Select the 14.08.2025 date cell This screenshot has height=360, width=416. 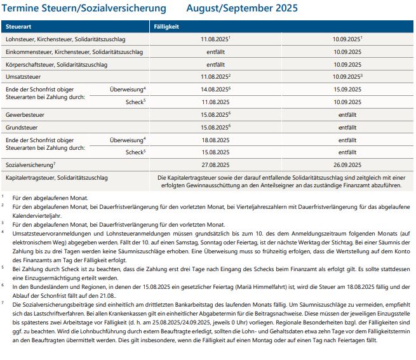[x=213, y=89]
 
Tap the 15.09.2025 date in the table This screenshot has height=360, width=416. [x=346, y=89]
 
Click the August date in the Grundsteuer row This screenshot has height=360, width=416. [x=213, y=126]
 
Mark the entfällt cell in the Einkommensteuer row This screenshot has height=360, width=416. [x=215, y=51]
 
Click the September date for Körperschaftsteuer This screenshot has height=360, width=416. [x=346, y=64]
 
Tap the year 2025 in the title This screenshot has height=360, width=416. [x=285, y=9]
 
